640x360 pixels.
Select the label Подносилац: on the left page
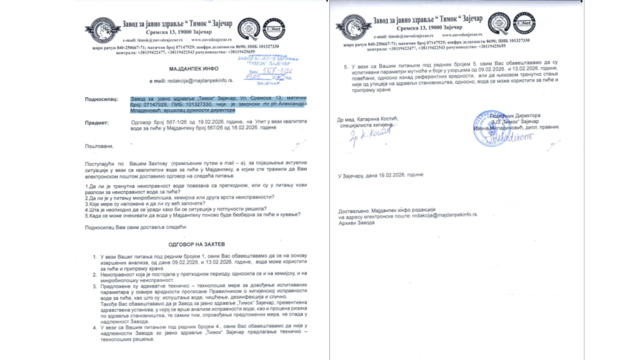102,99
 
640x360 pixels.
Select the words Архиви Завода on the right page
356,222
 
